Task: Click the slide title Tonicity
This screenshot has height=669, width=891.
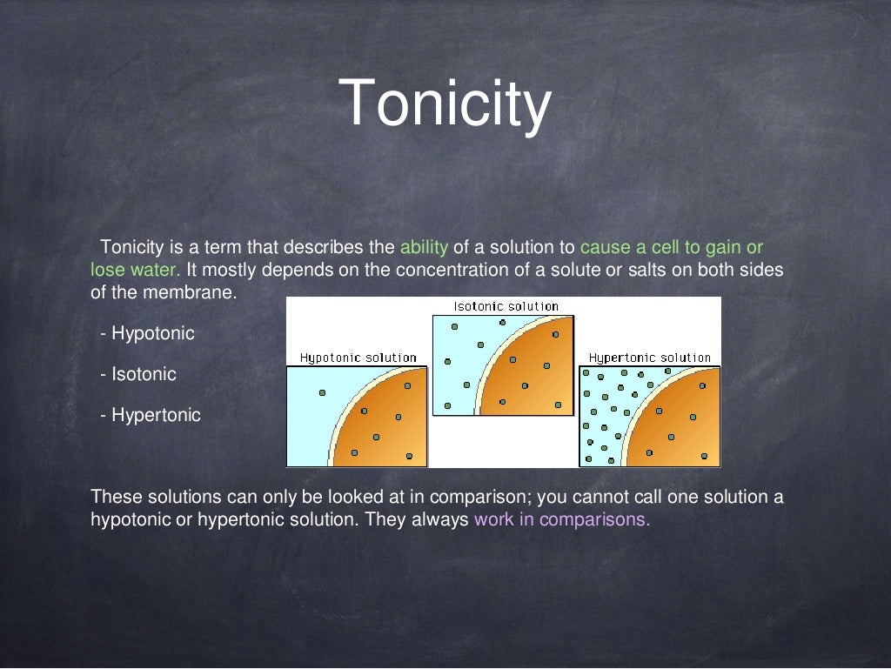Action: pos(445,103)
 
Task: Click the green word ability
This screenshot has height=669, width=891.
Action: pos(424,247)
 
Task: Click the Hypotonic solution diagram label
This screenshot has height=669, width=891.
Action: pos(358,358)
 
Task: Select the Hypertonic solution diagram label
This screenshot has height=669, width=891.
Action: pos(650,358)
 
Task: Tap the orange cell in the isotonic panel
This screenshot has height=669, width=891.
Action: pos(531,374)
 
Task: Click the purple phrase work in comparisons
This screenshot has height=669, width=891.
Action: pos(562,520)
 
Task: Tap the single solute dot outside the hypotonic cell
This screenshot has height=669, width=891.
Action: pos(322,392)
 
